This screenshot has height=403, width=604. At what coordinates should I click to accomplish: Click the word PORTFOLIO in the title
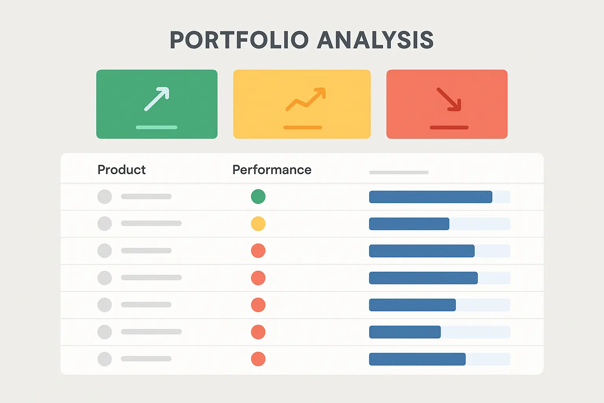239,40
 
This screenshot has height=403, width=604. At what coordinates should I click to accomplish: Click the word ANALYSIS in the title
376,40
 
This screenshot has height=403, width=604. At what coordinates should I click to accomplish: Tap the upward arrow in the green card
157,99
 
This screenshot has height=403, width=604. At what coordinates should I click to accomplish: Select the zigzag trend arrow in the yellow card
306,99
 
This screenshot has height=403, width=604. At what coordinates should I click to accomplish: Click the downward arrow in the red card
449,99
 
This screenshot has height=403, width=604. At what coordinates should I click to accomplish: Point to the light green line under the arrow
157,128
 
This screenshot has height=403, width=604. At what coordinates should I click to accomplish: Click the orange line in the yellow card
302,128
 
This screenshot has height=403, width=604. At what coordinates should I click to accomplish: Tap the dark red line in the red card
449,128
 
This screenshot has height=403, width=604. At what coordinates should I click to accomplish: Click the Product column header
122,170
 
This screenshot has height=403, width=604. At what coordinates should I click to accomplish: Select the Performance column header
272,170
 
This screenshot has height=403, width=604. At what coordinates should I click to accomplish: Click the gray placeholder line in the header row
399,172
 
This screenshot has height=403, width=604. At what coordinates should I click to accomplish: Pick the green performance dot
258,196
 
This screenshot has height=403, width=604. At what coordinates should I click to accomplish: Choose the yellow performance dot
258,224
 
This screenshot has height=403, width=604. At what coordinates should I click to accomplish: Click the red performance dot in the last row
258,359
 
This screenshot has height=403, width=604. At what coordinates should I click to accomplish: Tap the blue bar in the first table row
431,197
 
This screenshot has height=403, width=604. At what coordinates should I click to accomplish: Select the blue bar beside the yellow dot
409,224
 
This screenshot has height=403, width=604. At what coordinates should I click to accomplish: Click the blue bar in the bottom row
417,359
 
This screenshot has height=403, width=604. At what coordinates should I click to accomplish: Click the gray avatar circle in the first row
105,196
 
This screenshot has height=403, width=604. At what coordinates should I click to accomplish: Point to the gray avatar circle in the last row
105,359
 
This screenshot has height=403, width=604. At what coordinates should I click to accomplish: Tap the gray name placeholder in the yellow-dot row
151,223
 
